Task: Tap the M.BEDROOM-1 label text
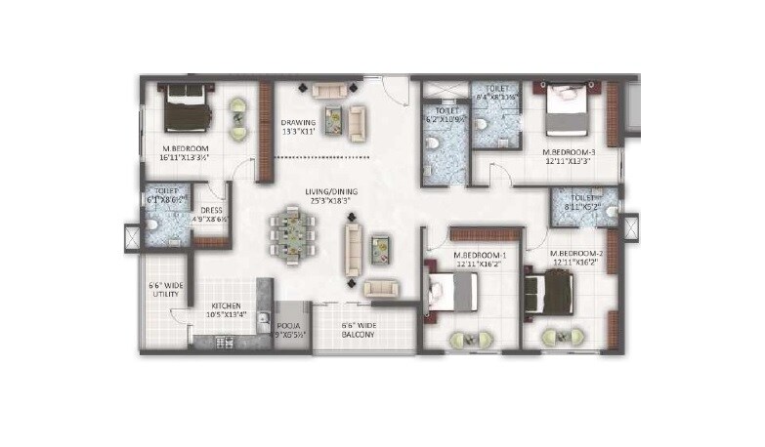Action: [x=480, y=254]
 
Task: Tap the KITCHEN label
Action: [x=227, y=305]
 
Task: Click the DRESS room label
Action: [x=212, y=210]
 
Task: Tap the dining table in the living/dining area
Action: [x=293, y=234]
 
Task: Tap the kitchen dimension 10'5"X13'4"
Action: [x=227, y=315]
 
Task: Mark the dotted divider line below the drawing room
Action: [x=322, y=156]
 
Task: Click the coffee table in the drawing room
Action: [x=335, y=120]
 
